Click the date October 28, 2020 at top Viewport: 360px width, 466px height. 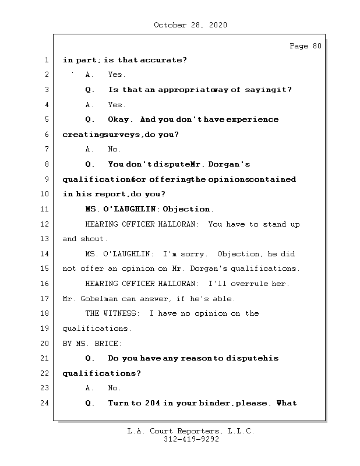point(190,25)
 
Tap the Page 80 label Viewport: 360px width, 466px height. point(305,46)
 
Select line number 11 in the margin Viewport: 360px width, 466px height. point(46,209)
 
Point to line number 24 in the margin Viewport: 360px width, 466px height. point(46,403)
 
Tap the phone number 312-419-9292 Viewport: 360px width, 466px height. point(191,440)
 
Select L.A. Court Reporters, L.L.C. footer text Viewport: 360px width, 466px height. point(191,432)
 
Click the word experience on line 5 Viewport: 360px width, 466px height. point(252,119)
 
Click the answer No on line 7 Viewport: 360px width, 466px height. point(114,149)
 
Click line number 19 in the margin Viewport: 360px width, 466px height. point(46,329)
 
